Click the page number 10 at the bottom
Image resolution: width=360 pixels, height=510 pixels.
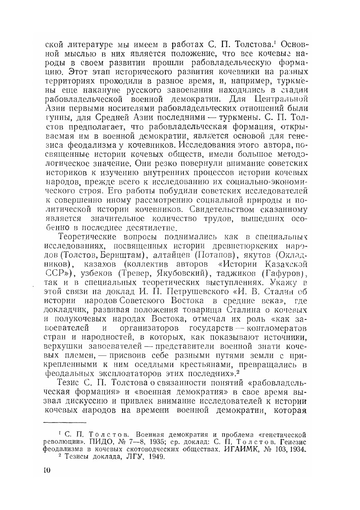(x=47, y=470)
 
